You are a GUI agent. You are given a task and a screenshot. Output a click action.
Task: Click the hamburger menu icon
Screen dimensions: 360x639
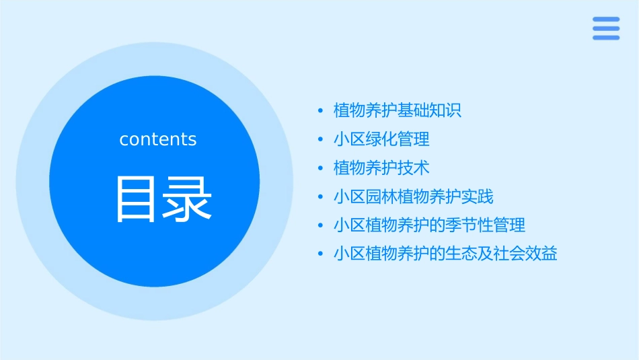605,28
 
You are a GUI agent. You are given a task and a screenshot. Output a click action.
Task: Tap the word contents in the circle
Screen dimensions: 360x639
158,139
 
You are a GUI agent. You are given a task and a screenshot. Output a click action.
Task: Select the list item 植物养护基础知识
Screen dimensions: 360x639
398,110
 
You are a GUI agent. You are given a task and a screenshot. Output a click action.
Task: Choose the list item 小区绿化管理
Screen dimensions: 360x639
381,139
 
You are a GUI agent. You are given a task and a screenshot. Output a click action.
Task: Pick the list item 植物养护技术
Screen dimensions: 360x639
381,168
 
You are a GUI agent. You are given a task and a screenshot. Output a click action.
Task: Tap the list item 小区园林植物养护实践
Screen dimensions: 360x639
414,196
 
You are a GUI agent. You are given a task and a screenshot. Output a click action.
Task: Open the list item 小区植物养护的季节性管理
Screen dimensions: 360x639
429,225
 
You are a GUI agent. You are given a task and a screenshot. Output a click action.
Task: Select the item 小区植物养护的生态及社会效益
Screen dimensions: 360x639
445,254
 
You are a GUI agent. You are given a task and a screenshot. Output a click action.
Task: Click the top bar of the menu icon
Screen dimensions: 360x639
605,20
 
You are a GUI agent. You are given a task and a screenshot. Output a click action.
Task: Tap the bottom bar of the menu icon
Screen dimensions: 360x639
605,38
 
